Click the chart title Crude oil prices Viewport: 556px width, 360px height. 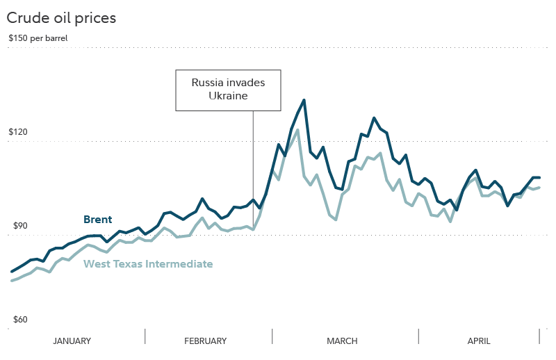tap(61, 18)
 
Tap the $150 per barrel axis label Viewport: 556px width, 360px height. tap(38, 38)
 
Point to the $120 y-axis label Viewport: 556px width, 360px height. tap(18, 132)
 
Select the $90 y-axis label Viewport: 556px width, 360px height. tap(16, 226)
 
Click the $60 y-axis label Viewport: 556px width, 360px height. tap(16, 320)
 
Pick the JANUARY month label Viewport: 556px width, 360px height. tap(72, 341)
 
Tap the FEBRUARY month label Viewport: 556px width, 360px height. tap(206, 341)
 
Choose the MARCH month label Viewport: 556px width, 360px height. tap(342, 341)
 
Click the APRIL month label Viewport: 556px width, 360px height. tap(478, 341)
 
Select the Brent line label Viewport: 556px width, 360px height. tap(97, 220)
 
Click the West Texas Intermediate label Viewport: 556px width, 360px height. tap(148, 264)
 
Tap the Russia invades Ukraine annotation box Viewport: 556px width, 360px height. tap(228, 90)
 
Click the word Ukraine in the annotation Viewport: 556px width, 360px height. tap(228, 96)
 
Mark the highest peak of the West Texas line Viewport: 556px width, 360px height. tap(297, 130)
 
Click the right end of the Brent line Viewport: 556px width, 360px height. tap(540, 178)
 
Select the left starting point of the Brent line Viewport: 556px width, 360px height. tap(11, 272)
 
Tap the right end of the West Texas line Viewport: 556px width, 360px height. tap(540, 187)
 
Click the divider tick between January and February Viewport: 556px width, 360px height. tap(145, 336)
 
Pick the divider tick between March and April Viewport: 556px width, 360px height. tap(418, 336)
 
